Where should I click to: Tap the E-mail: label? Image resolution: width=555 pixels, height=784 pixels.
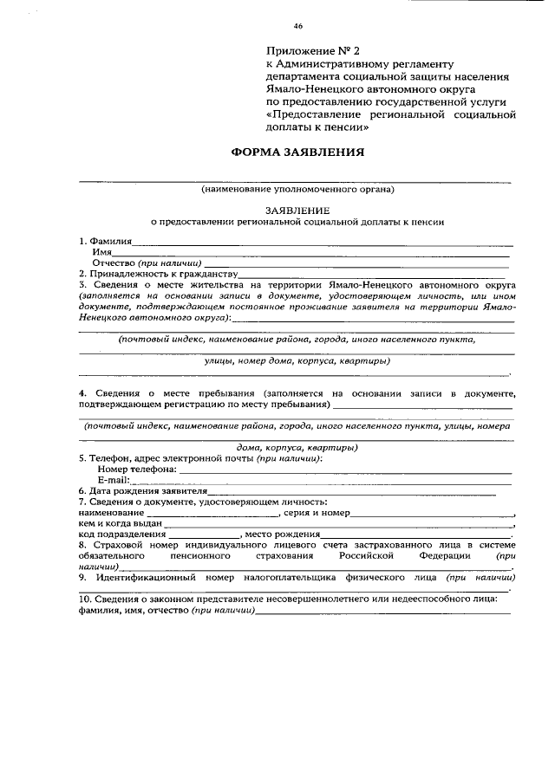114,479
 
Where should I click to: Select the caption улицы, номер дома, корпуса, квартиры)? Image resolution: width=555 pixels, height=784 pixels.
297,360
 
